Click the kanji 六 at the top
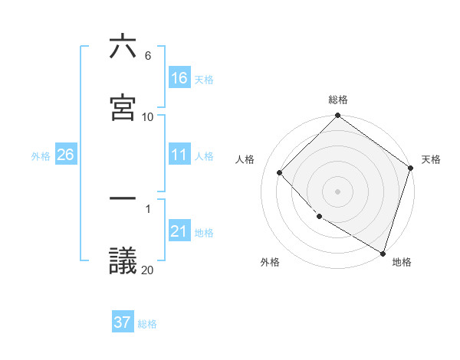tap(123, 47)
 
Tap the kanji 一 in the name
tap(123, 198)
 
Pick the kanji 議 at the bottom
tap(123, 260)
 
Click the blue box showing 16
tap(179, 78)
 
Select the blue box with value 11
tap(179, 155)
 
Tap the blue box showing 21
tap(179, 232)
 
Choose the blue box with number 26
tap(65, 155)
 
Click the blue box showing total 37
tap(123, 322)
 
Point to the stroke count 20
tap(147, 270)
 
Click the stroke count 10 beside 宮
tap(147, 116)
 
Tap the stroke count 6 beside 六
tap(147, 56)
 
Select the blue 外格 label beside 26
tap(41, 156)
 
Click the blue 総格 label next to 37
tap(147, 323)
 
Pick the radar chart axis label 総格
tap(338, 100)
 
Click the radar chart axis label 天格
tap(431, 159)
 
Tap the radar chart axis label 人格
tap(245, 159)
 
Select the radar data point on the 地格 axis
tap(383, 252)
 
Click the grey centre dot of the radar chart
tap(338, 191)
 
